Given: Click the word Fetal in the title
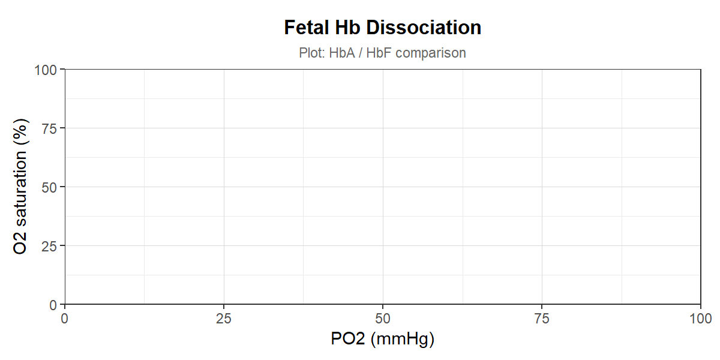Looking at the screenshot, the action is coord(307,28).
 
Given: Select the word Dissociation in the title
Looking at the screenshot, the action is coord(424,28).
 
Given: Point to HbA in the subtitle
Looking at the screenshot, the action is coord(342,53).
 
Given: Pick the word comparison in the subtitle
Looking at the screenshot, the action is coord(431,53).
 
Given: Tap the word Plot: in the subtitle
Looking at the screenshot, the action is coord(312,53).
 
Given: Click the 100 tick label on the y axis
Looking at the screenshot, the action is coord(46,70).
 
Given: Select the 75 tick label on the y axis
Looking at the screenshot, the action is coord(49,129).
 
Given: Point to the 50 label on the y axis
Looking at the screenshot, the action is coord(49,188).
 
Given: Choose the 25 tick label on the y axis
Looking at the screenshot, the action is coord(49,247).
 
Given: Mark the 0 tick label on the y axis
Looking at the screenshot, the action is coord(53,305).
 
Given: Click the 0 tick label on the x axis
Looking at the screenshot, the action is coord(65,319).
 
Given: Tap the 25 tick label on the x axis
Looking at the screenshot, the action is coord(224,319).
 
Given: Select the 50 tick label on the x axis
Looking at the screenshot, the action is coord(383,319).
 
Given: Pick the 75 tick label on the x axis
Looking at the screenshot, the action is coord(542,319).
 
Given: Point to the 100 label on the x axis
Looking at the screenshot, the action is coord(701,319).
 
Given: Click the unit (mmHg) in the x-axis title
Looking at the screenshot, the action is coord(403,340).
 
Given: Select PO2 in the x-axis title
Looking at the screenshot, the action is coord(348,338).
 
